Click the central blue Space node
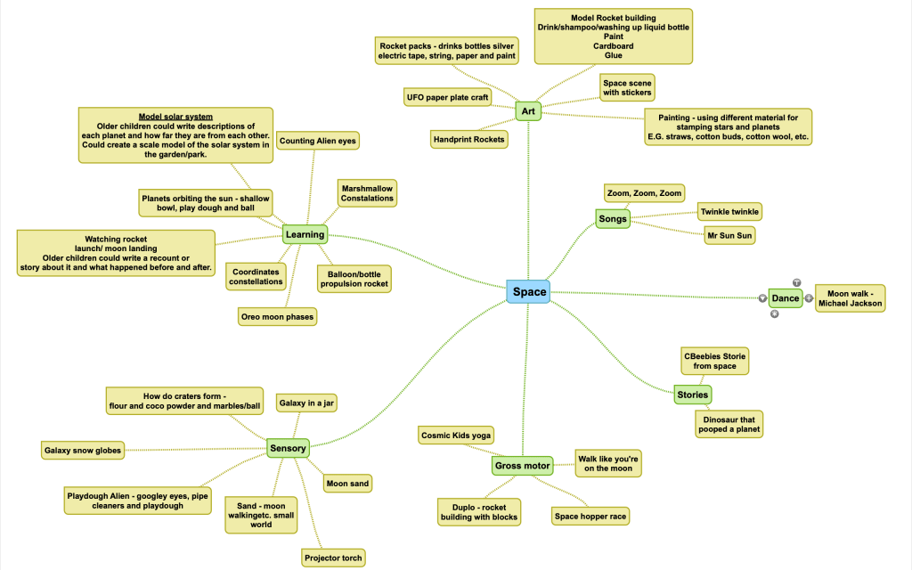pyautogui.click(x=529, y=291)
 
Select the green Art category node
pyautogui.click(x=528, y=110)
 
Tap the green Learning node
pyautogui.click(x=305, y=234)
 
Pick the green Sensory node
pyautogui.click(x=288, y=448)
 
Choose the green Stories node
pyautogui.click(x=692, y=395)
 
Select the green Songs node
pyautogui.click(x=613, y=218)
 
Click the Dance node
pyautogui.click(x=785, y=298)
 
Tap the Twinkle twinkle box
pyautogui.click(x=729, y=212)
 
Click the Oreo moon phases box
pyautogui.click(x=277, y=316)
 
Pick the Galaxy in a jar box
pyautogui.click(x=306, y=403)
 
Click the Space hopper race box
pyautogui.click(x=590, y=516)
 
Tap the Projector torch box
pyautogui.click(x=333, y=558)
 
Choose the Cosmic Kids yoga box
pyautogui.click(x=456, y=435)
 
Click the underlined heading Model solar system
pyautogui.click(x=175, y=117)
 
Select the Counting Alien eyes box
pyautogui.click(x=318, y=141)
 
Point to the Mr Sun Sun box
pyautogui.click(x=729, y=235)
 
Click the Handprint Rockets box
pyautogui.click(x=469, y=139)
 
